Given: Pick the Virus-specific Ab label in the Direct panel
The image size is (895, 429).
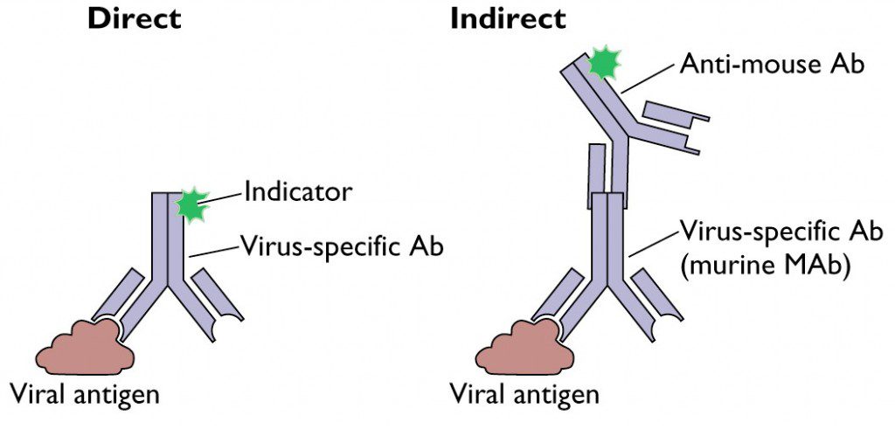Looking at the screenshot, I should click(x=342, y=246).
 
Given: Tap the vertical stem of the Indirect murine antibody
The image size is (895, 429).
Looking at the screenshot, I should click(x=607, y=249).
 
